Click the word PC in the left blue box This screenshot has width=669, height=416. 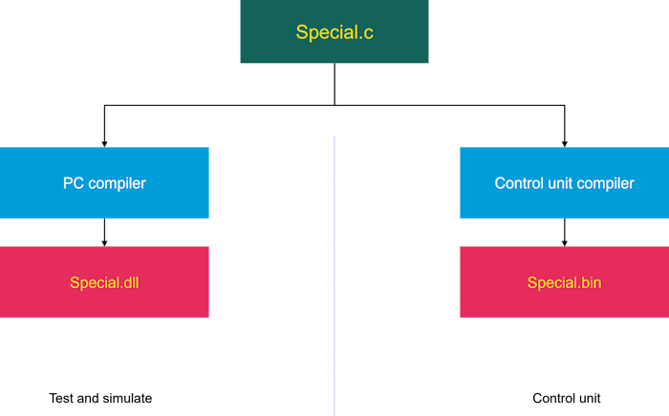tap(73, 183)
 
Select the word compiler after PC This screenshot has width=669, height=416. tap(117, 183)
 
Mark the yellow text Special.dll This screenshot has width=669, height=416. tap(105, 283)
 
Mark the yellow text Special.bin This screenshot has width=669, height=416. tap(564, 283)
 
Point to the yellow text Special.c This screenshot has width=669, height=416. tap(334, 32)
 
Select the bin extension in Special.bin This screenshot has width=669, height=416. tap(591, 283)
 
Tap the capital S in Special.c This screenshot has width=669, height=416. tap(302, 32)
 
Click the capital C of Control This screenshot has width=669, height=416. tap(500, 183)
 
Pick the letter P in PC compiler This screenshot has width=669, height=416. tap(68, 183)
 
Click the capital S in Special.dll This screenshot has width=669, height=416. tap(75, 283)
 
